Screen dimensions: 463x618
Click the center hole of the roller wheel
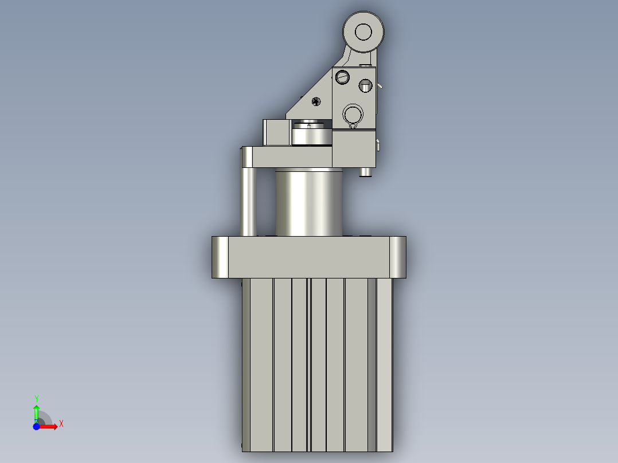point(363,31)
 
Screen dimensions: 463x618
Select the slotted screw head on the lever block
point(342,76)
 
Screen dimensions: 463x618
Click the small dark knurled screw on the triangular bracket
point(316,101)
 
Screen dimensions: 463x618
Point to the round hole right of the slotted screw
point(365,86)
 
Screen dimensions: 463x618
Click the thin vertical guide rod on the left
point(248,201)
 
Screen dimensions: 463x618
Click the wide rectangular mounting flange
point(309,257)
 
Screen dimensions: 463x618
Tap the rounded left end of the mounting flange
point(220,257)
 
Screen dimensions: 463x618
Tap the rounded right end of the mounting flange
point(398,257)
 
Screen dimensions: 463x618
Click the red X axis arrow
point(49,426)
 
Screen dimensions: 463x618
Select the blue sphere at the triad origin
point(36,426)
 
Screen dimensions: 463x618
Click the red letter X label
point(61,424)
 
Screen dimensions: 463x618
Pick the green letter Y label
point(36,398)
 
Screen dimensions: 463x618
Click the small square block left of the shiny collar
point(276,132)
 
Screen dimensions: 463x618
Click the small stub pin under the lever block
point(365,172)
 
